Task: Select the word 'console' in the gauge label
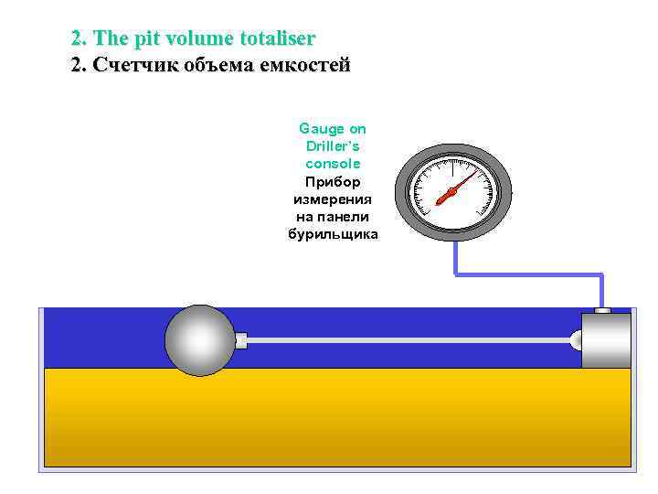(333, 164)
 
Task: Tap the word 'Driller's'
(333, 146)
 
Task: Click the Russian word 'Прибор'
(333, 181)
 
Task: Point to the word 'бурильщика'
(333, 233)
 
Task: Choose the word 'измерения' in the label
(333, 199)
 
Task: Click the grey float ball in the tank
(200, 340)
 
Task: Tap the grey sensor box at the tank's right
(606, 340)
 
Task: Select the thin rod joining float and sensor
(411, 340)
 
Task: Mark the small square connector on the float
(241, 340)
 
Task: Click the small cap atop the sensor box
(602, 311)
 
